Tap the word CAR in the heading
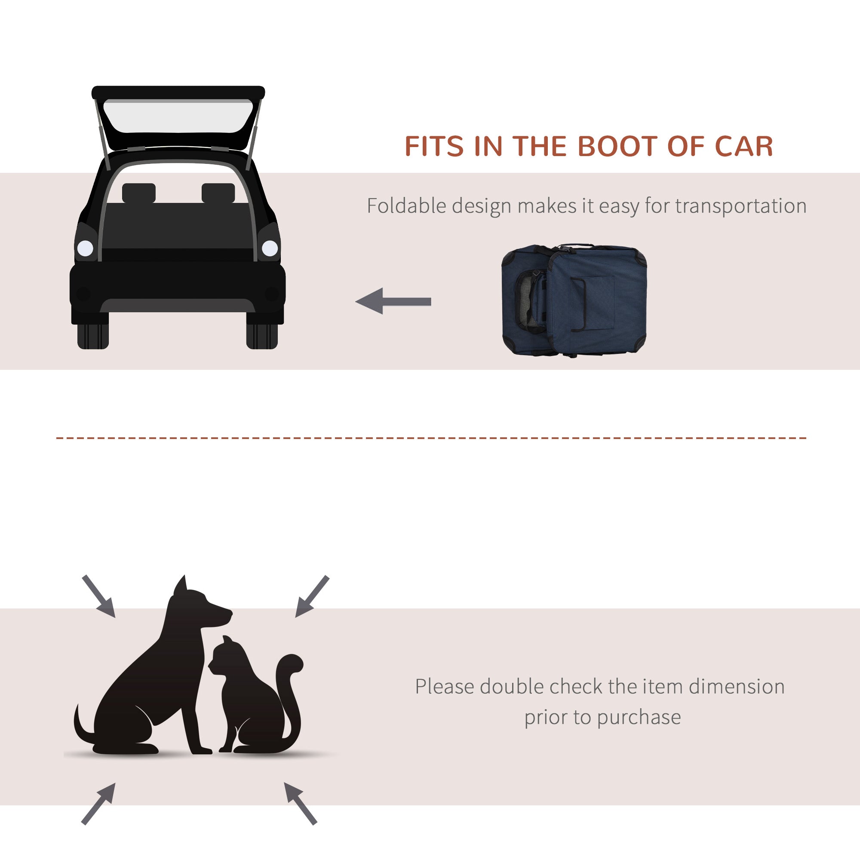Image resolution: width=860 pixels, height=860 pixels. tap(744, 147)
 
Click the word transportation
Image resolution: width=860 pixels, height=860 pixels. tap(740, 206)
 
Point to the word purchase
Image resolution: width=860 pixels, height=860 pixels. tap(639, 717)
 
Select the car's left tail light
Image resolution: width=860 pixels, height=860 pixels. tap(85, 248)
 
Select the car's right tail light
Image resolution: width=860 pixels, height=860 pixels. tap(270, 248)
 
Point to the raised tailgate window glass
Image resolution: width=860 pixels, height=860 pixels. tap(178, 117)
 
